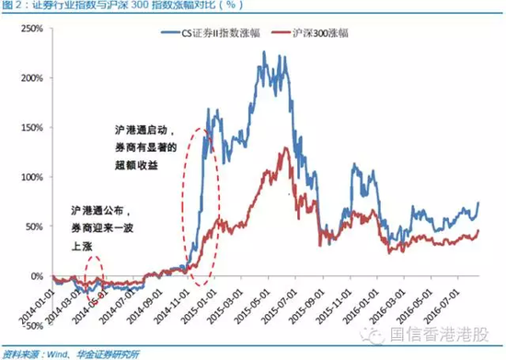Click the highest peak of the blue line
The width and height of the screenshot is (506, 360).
click(x=265, y=52)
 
